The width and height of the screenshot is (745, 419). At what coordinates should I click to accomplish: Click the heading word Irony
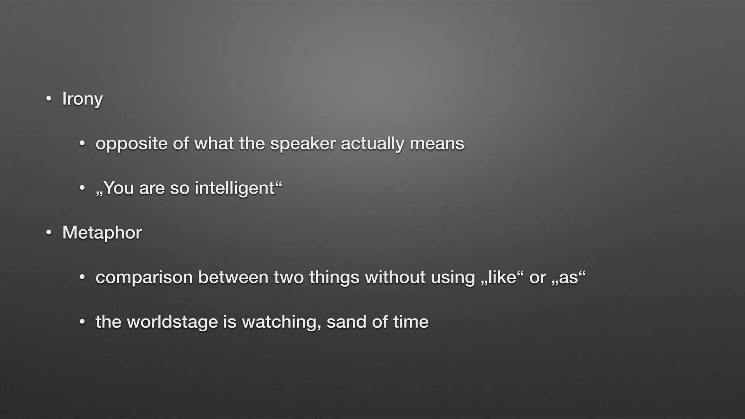(82, 99)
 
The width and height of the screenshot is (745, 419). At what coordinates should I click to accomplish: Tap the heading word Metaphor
(102, 233)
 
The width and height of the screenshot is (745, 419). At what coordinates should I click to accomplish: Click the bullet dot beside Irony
(49, 99)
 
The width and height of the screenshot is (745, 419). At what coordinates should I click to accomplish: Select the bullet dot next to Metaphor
(49, 233)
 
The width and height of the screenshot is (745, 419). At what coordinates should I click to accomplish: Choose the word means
(437, 144)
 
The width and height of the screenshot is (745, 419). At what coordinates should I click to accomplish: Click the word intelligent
(235, 188)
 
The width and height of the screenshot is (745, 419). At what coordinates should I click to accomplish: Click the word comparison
(144, 278)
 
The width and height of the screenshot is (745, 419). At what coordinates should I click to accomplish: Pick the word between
(233, 277)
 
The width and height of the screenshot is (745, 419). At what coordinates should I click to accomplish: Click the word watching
(282, 322)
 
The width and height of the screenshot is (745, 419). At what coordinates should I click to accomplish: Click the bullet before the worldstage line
(82, 322)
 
